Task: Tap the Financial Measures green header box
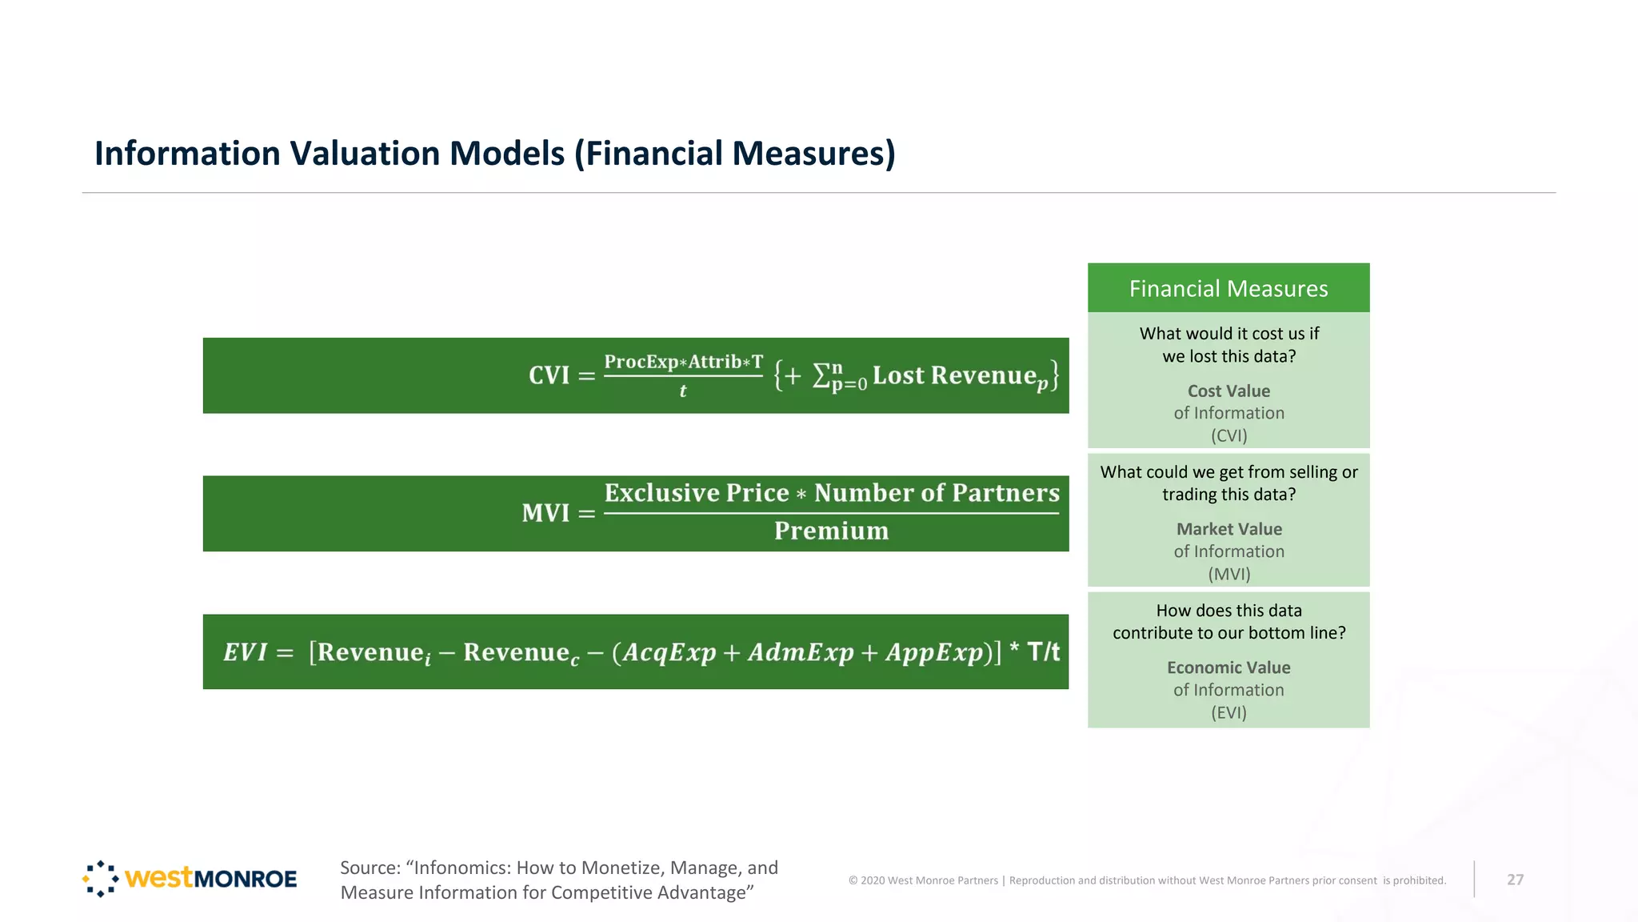click(x=1228, y=288)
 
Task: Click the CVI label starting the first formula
click(x=549, y=375)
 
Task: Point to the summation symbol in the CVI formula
click(x=821, y=375)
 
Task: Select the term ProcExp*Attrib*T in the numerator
click(x=683, y=362)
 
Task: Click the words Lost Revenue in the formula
click(x=954, y=375)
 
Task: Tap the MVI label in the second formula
click(x=545, y=513)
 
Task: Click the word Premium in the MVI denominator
click(x=831, y=531)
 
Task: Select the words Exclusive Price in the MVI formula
click(x=696, y=493)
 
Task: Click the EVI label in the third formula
click(x=245, y=652)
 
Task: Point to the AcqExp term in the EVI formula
click(x=669, y=652)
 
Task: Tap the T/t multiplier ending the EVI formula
click(x=1043, y=651)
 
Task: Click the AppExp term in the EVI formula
click(x=933, y=652)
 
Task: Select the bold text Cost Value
click(x=1228, y=391)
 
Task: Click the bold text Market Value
click(x=1228, y=529)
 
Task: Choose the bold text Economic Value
click(x=1228, y=667)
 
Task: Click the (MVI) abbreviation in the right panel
click(x=1228, y=574)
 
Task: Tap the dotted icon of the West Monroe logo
click(x=101, y=879)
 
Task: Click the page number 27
click(x=1515, y=880)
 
